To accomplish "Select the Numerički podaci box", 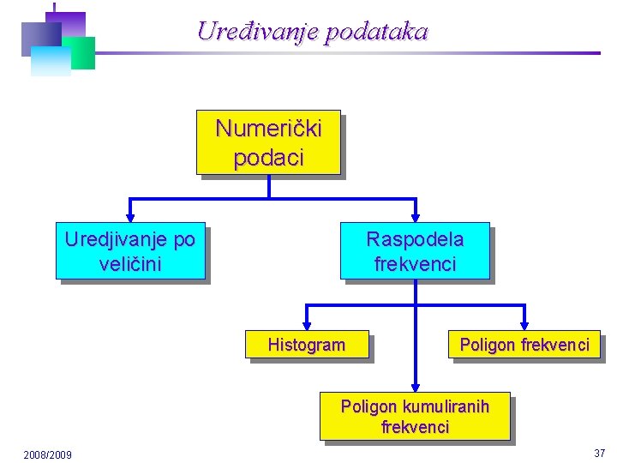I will point(268,142).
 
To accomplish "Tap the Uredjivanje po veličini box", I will point(130,251).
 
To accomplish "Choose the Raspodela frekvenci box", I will point(415,251).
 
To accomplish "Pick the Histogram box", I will point(307,345).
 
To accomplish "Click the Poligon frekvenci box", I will point(524,345).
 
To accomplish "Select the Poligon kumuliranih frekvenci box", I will point(415,416).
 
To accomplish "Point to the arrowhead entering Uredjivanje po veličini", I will point(130,216).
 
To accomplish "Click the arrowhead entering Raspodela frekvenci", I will point(415,216).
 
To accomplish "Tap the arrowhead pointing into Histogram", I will point(307,323).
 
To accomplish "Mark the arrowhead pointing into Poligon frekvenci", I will point(524,323).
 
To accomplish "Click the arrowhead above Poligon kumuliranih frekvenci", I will point(415,385).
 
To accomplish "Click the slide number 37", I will point(599,453).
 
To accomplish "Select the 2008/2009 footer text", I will point(48,454).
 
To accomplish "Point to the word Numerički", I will point(268,129).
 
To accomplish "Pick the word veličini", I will point(130,263).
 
